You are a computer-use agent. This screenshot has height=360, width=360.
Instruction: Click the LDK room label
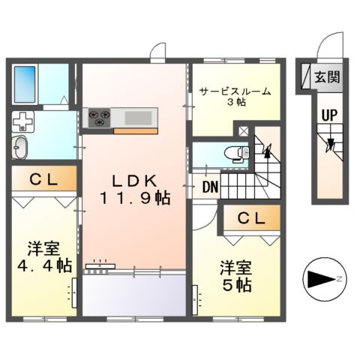pos(134,181)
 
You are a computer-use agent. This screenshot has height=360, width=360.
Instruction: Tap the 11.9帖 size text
pos(134,199)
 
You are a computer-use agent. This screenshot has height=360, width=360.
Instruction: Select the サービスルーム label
pos(235,92)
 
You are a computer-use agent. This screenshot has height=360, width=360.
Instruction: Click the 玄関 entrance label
pos(327,76)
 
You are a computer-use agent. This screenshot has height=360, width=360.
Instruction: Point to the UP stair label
pos(328,116)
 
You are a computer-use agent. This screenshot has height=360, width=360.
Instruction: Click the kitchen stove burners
pos(99,117)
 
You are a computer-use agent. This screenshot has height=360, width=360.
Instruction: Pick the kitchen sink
pos(137,117)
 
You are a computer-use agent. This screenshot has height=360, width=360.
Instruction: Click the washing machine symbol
pos(25,121)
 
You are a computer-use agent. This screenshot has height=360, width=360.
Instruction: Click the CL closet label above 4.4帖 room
pos(43,179)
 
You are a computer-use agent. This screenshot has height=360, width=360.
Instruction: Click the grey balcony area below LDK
pos(134,293)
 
